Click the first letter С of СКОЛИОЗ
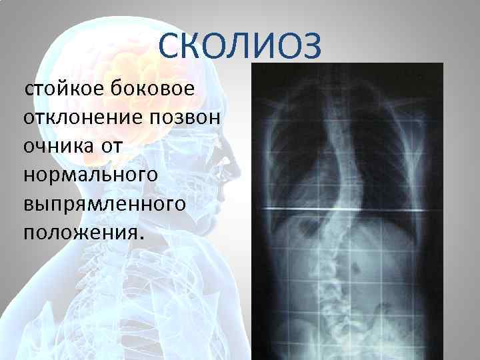point(171,47)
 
